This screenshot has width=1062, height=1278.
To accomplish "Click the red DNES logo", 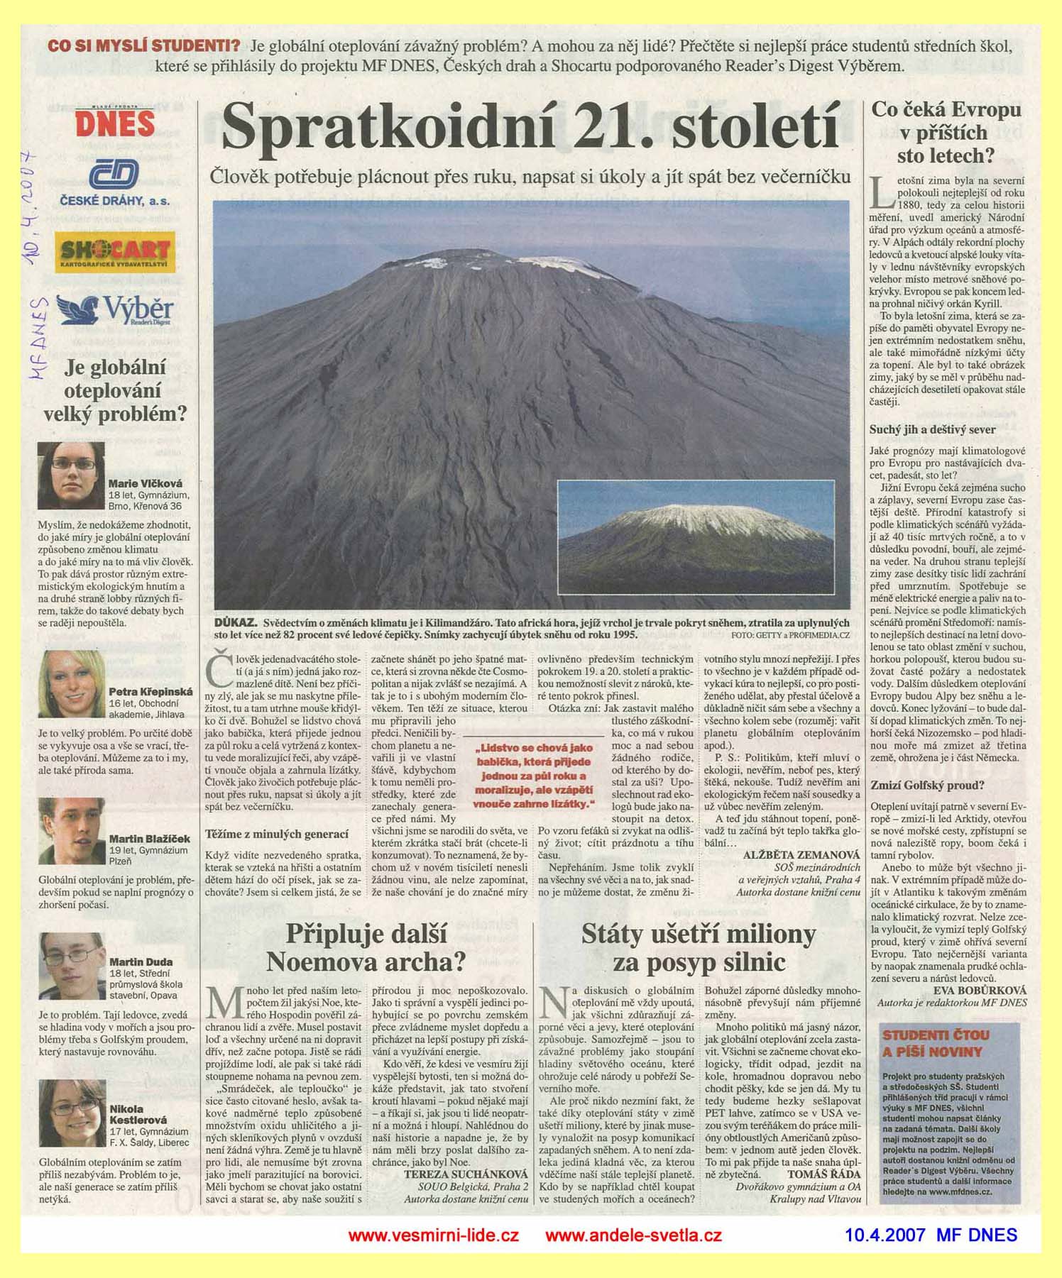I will (x=115, y=122).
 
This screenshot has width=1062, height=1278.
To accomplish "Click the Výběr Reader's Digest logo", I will (x=116, y=310).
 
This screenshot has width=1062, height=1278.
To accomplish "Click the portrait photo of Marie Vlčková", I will (x=71, y=475).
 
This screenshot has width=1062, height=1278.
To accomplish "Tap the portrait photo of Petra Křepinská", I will (x=71, y=685).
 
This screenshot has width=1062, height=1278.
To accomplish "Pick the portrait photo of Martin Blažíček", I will (x=71, y=830).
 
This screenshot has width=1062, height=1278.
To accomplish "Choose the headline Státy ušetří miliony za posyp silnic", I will (x=699, y=947).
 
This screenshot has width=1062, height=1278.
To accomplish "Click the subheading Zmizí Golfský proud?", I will (x=916, y=785).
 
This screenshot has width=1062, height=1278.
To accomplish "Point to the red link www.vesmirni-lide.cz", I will (x=434, y=1235).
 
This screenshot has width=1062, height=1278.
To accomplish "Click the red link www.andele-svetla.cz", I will (x=633, y=1235).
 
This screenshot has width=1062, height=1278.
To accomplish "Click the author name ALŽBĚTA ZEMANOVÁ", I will (x=801, y=855).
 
